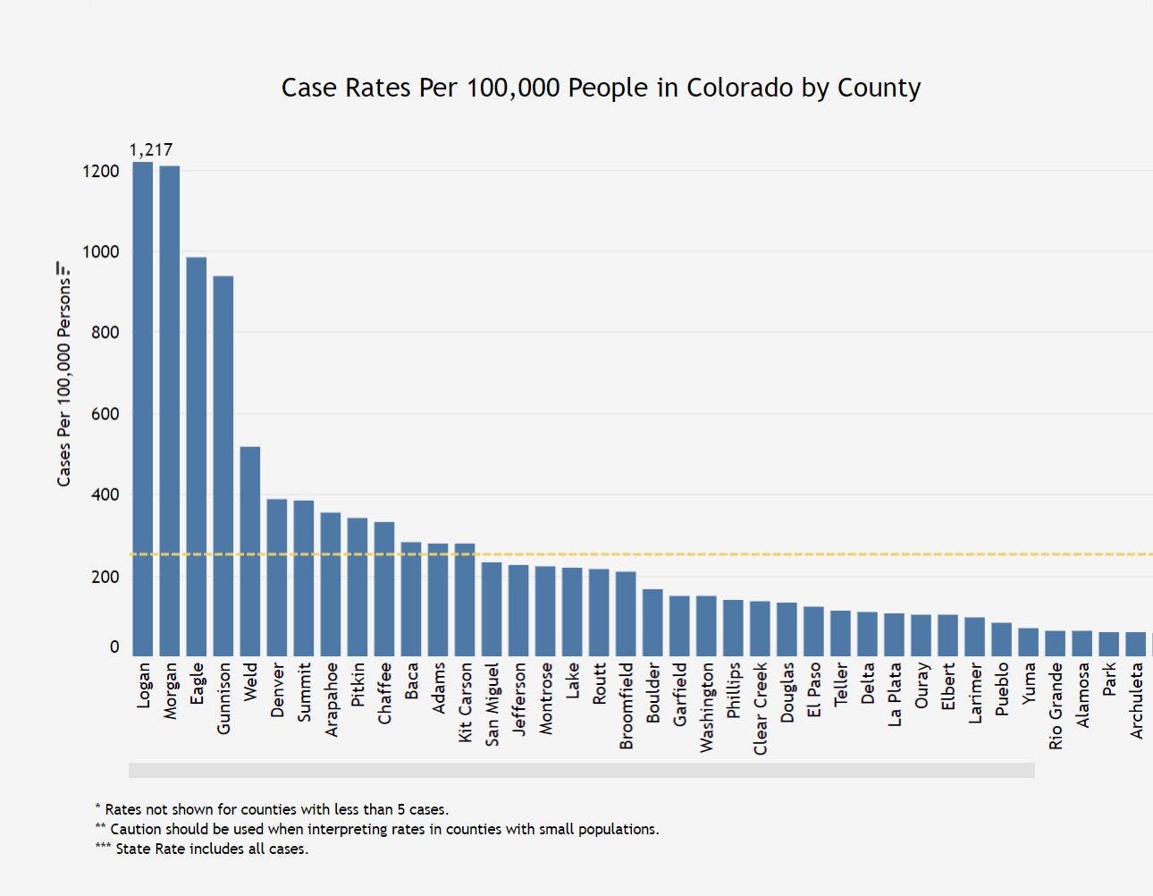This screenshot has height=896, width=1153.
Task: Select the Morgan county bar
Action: pyautogui.click(x=170, y=411)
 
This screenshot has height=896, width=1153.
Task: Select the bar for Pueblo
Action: pyautogui.click(x=1001, y=640)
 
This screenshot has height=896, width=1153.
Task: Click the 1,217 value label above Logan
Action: pyautogui.click(x=151, y=149)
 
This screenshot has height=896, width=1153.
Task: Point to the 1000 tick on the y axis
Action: pyautogui.click(x=101, y=251)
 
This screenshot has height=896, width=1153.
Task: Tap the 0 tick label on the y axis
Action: pyautogui.click(x=114, y=647)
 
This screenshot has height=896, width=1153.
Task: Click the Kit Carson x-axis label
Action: pyautogui.click(x=465, y=702)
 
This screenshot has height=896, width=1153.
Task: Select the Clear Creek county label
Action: pyautogui.click(x=761, y=708)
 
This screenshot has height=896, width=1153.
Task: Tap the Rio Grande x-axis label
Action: pyautogui.click(x=1056, y=706)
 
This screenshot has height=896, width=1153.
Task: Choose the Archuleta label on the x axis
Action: pyautogui.click(x=1136, y=700)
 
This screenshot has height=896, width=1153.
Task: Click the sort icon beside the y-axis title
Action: pyautogui.click(x=63, y=267)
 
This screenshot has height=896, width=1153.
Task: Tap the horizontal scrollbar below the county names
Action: pyautogui.click(x=581, y=770)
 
